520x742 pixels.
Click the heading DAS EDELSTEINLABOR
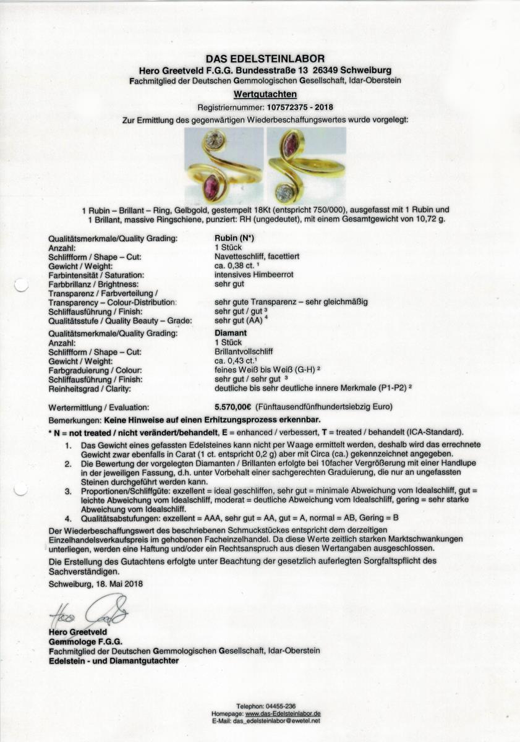pyautogui.click(x=260, y=59)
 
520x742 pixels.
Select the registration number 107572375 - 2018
pyautogui.click(x=285, y=107)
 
